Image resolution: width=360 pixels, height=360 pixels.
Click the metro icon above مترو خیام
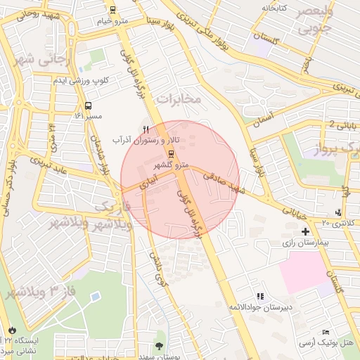coord(112,9)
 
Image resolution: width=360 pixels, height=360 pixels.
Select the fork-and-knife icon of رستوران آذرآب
coord(146,129)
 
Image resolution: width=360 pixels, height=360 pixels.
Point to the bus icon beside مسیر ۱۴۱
coord(88,105)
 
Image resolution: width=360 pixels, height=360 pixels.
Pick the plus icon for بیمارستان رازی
coord(305,231)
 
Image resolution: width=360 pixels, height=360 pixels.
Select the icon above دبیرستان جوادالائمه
coord(261,297)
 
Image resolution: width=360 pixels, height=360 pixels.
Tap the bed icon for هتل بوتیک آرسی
coord(326,332)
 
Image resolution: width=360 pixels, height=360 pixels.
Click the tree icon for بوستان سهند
coord(160,345)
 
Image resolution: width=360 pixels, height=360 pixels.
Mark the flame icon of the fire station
coord(12,330)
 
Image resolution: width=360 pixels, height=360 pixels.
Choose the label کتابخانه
coord(275,8)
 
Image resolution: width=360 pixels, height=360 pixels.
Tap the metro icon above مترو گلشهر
coord(171,154)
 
